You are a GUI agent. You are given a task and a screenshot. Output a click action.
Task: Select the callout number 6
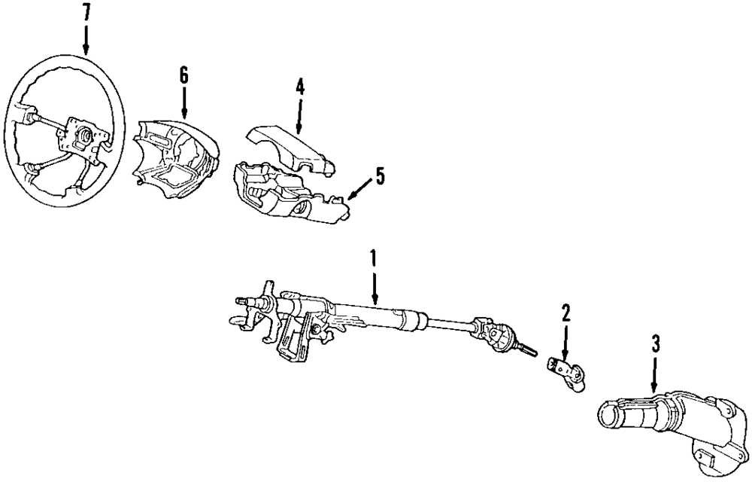pos(183,75)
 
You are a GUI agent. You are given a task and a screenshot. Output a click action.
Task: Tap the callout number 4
pos(299,86)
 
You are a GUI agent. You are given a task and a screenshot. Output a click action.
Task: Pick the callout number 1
pos(373,259)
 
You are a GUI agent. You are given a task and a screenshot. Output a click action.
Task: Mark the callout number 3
pos(655,346)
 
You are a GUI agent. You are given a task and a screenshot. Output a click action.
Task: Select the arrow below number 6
pos(183,102)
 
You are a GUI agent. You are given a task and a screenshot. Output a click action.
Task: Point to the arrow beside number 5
pos(360,188)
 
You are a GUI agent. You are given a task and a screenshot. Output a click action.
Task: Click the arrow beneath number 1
pos(374,290)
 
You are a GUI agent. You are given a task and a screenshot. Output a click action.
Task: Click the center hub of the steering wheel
pos(85,136)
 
